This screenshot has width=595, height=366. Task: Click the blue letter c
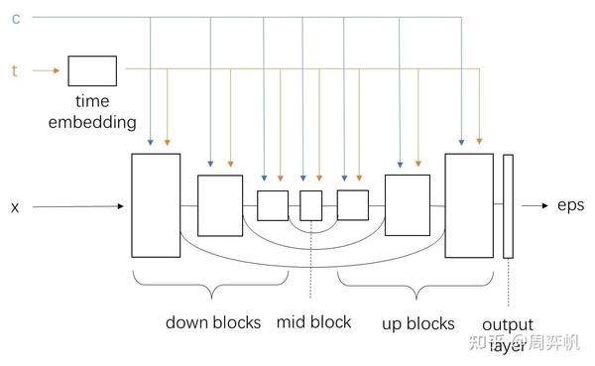coord(15,18)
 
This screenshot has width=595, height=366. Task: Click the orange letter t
coord(14,70)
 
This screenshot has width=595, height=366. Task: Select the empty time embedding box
coord(92,70)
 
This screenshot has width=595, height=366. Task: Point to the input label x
coord(15,207)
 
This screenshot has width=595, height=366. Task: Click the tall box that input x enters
coord(156,205)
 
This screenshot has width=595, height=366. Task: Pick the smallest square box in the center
coord(311,205)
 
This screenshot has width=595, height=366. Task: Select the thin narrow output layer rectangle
coord(508,206)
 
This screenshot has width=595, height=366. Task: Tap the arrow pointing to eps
coord(534,206)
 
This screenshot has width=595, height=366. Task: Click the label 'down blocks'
coord(212,322)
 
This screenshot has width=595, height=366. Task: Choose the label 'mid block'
coord(313,322)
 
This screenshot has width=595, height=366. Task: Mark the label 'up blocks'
coord(417,323)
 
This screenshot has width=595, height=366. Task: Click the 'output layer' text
coord(507,333)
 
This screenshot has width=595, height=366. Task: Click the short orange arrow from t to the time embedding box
coord(46,70)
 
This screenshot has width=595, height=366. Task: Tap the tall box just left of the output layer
coord(469,205)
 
